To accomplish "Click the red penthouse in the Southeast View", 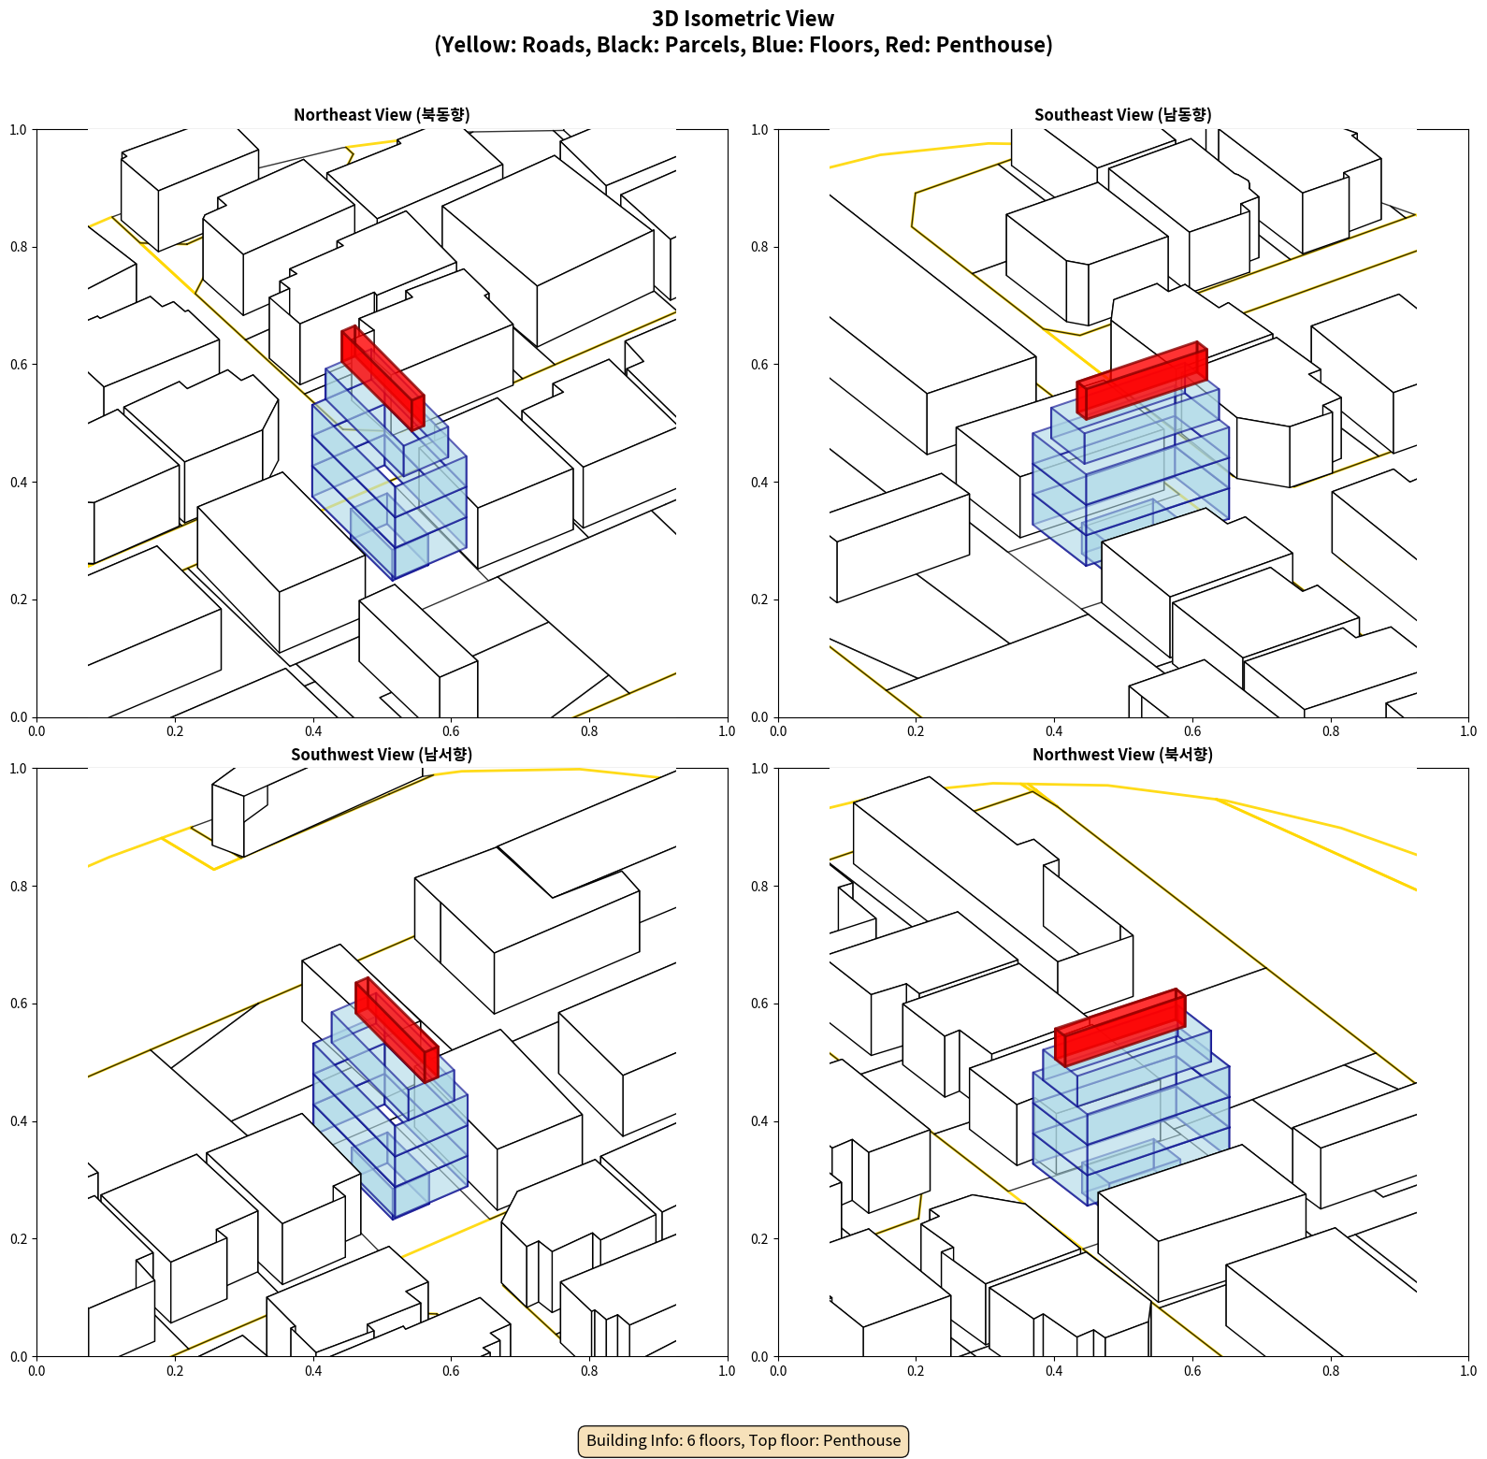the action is point(1142,380).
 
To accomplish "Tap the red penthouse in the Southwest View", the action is point(397,1030).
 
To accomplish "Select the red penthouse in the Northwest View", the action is point(1120,1027).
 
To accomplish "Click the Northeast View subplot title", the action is point(382,114).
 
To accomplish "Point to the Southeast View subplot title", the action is point(1122,114).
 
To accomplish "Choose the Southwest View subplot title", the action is point(382,754).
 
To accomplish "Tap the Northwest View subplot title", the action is point(1122,754).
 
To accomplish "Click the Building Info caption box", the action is point(743,1440).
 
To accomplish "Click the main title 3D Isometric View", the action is point(743,19).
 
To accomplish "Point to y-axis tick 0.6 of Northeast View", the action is point(19,365).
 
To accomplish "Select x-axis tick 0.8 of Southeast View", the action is point(1331,731).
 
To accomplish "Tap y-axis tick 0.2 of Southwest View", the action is point(19,1239).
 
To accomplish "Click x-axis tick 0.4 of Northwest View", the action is point(1054,1371).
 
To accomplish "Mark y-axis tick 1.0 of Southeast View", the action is point(760,130).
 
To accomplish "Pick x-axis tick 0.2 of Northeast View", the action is point(175,731).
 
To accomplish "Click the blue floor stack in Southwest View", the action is point(390,1113).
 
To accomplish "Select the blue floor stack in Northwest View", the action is point(1131,1108).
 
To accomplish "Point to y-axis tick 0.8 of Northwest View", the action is point(760,887).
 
